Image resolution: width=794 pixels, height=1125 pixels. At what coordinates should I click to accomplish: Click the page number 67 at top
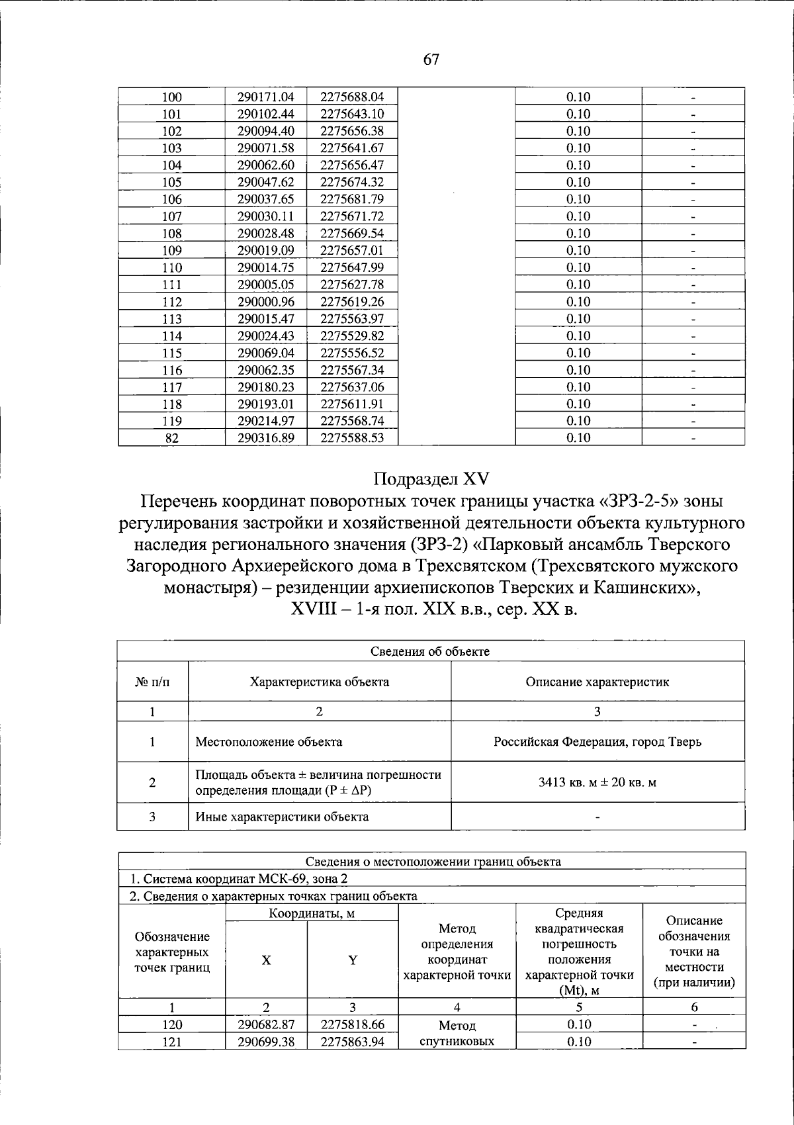click(x=431, y=60)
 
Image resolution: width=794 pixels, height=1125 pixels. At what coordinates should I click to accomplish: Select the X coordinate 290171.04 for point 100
click(x=266, y=97)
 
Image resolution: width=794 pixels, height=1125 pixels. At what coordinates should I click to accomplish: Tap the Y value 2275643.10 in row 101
click(x=352, y=114)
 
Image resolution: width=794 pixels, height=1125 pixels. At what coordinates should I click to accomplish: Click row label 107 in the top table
click(x=172, y=216)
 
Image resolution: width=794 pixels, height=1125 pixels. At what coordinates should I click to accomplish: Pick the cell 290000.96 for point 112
click(x=266, y=302)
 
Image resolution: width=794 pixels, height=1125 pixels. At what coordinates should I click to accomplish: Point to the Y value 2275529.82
click(x=352, y=336)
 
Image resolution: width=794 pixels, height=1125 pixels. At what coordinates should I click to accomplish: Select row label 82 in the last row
click(x=172, y=438)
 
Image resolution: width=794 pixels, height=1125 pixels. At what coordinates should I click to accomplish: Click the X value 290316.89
click(x=266, y=438)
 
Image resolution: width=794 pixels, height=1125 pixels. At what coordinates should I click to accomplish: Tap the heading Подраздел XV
click(x=431, y=478)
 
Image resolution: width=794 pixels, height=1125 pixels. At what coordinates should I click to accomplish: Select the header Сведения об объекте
click(x=430, y=651)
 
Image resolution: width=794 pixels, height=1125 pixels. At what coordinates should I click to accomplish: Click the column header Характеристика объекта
click(x=319, y=682)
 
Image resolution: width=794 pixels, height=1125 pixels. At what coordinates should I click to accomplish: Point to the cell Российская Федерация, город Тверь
click(x=597, y=742)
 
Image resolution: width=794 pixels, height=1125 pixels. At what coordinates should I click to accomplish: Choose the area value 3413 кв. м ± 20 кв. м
click(x=597, y=783)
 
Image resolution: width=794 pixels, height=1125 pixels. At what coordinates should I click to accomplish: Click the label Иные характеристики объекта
click(x=282, y=817)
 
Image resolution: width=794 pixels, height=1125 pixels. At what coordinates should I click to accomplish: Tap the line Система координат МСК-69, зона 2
click(x=238, y=879)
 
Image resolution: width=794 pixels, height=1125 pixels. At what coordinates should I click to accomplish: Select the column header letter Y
click(x=353, y=960)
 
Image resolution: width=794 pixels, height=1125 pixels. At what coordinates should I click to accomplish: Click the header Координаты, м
click(x=312, y=914)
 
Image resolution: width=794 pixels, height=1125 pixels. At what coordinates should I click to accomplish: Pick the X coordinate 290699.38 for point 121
click(x=266, y=1042)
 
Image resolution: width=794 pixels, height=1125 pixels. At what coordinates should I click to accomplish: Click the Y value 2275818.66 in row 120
click(x=352, y=1024)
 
